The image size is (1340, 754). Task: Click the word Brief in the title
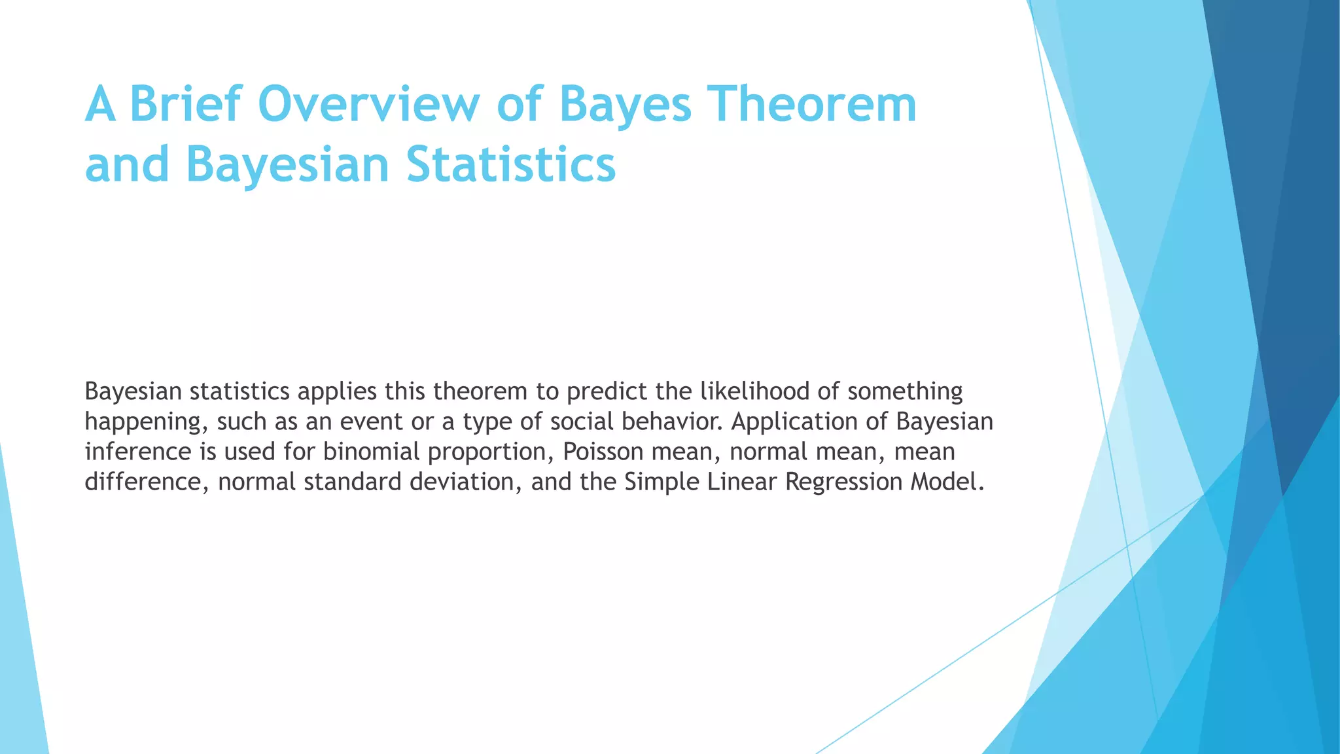click(186, 105)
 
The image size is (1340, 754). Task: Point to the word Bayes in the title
click(626, 105)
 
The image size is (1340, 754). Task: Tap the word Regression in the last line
click(843, 482)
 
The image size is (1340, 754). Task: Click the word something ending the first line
click(905, 391)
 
